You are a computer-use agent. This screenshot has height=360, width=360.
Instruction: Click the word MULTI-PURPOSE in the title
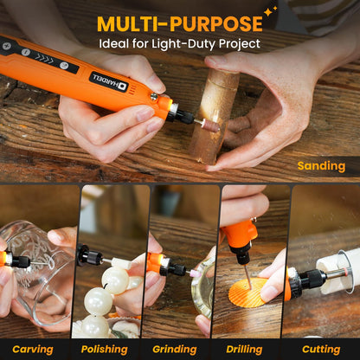[179, 22]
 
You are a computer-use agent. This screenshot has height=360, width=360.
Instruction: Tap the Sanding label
[321, 166]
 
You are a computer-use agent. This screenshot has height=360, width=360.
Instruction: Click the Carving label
[33, 350]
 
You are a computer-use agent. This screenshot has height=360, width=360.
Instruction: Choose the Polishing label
[104, 350]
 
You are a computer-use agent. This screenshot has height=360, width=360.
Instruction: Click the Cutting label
[321, 350]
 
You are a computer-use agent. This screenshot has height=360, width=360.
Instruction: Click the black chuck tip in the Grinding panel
[176, 269]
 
